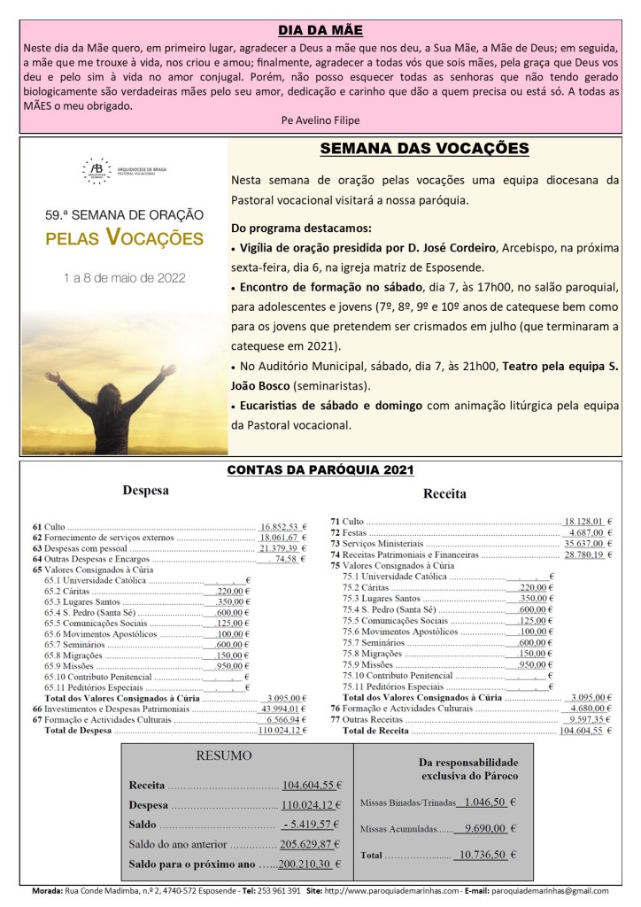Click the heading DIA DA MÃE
click(x=320, y=29)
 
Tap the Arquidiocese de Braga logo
click(x=92, y=167)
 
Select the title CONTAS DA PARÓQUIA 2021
click(x=320, y=470)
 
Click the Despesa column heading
click(x=145, y=489)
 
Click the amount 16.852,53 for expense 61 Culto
click(x=279, y=525)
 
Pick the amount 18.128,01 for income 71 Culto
click(x=583, y=522)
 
